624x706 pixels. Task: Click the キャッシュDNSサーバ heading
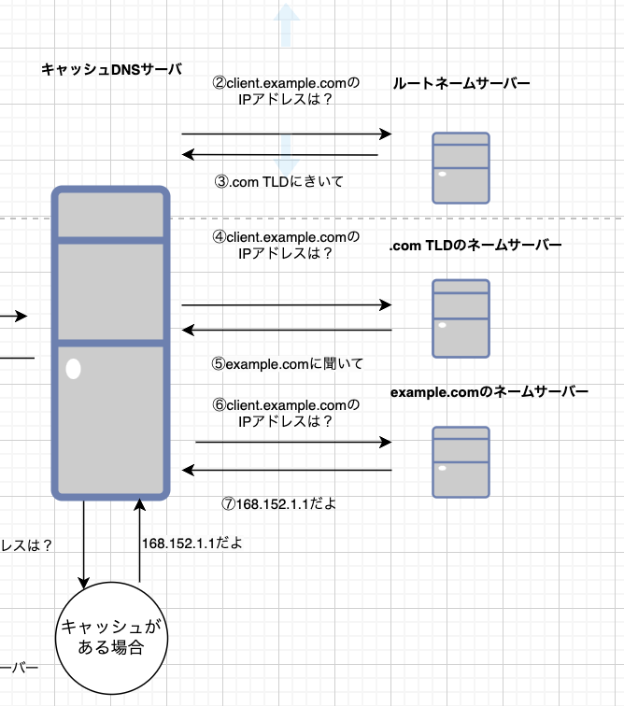(111, 69)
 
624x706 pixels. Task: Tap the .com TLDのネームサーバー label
(475, 246)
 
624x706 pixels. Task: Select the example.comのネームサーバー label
(489, 393)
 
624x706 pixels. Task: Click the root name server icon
(461, 168)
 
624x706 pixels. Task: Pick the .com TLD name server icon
(461, 318)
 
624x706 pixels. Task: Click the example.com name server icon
(461, 462)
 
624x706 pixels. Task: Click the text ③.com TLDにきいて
(279, 182)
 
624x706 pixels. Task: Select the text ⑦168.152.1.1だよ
(278, 503)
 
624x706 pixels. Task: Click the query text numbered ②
(286, 92)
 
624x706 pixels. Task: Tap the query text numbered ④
(286, 245)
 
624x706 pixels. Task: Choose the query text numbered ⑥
(286, 413)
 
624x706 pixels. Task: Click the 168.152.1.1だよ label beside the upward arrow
(192, 543)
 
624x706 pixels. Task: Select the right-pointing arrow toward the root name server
(285, 134)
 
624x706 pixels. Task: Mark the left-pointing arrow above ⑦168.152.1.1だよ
(286, 470)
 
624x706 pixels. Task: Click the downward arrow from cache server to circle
(85, 542)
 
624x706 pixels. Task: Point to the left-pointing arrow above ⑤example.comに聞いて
(286, 330)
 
